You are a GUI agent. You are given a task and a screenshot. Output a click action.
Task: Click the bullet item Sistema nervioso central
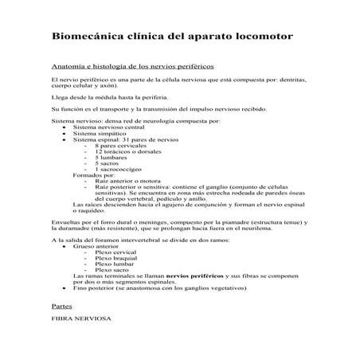tap(108, 127)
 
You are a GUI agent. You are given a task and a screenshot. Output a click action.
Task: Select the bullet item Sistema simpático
tap(100, 134)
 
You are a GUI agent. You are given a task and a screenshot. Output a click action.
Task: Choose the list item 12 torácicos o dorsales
tap(127, 153)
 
